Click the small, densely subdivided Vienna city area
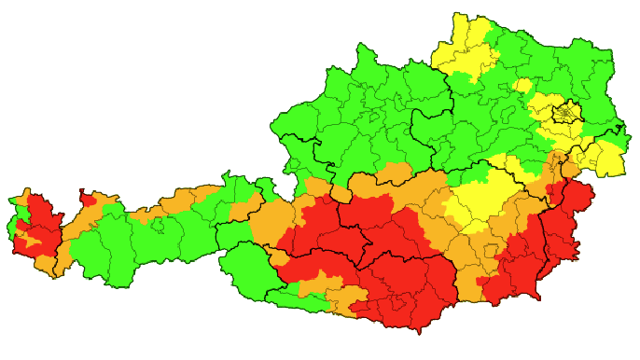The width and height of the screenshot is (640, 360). pyautogui.click(x=565, y=115)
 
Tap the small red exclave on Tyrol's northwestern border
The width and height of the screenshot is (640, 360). pyautogui.click(x=90, y=199)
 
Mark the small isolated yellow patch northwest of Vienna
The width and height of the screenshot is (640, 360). pyautogui.click(x=522, y=86)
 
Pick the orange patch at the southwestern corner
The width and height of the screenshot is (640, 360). pyautogui.click(x=45, y=264)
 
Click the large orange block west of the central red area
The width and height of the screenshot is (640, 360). pyautogui.click(x=271, y=224)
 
